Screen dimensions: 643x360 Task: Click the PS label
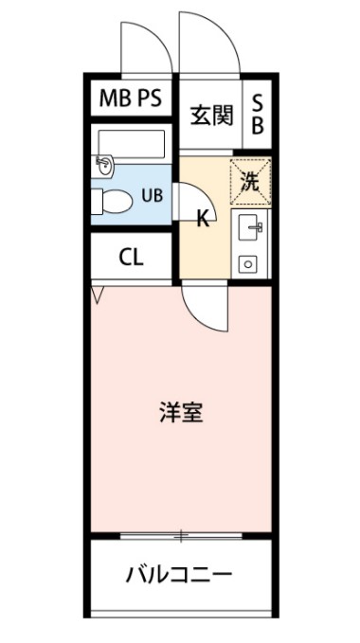coord(150,98)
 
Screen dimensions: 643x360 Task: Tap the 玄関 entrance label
coord(210,116)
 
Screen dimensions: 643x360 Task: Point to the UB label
coord(151,197)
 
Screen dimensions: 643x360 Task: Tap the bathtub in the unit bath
coord(132,143)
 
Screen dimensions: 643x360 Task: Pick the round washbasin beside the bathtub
coord(103,168)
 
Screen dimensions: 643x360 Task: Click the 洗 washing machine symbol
coord(249,183)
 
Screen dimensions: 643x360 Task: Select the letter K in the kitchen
coord(203,220)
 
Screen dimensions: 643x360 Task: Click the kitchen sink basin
coord(250,225)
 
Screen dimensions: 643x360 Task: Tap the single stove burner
coord(249,263)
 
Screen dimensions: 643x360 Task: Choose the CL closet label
coord(132,259)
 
